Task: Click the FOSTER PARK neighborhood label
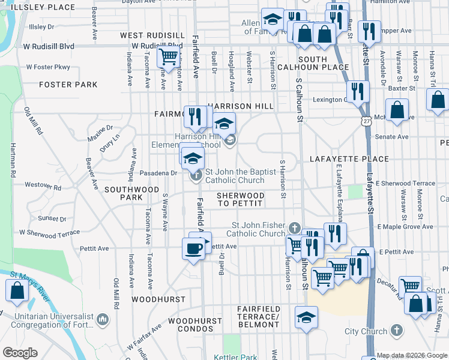click(x=68, y=85)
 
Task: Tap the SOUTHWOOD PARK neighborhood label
click(x=123, y=193)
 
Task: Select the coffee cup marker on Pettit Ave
click(x=193, y=249)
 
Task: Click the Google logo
click(x=20, y=353)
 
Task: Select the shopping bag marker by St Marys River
click(x=17, y=291)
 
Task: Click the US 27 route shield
click(x=366, y=121)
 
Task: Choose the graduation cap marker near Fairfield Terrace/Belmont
click(x=306, y=317)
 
